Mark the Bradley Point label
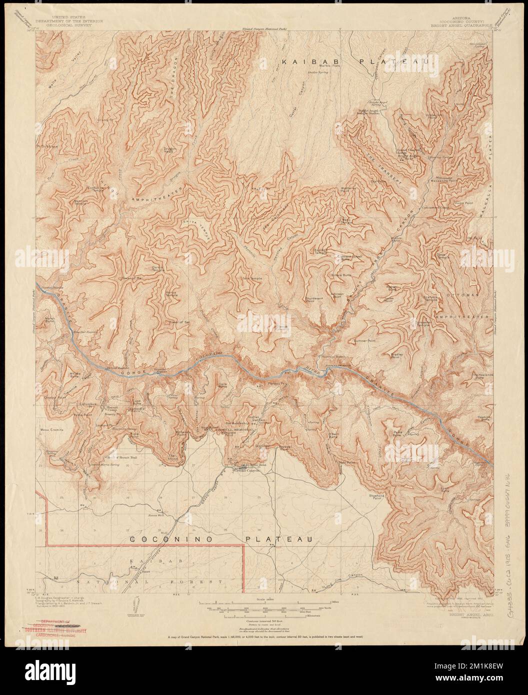tap(397, 356)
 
